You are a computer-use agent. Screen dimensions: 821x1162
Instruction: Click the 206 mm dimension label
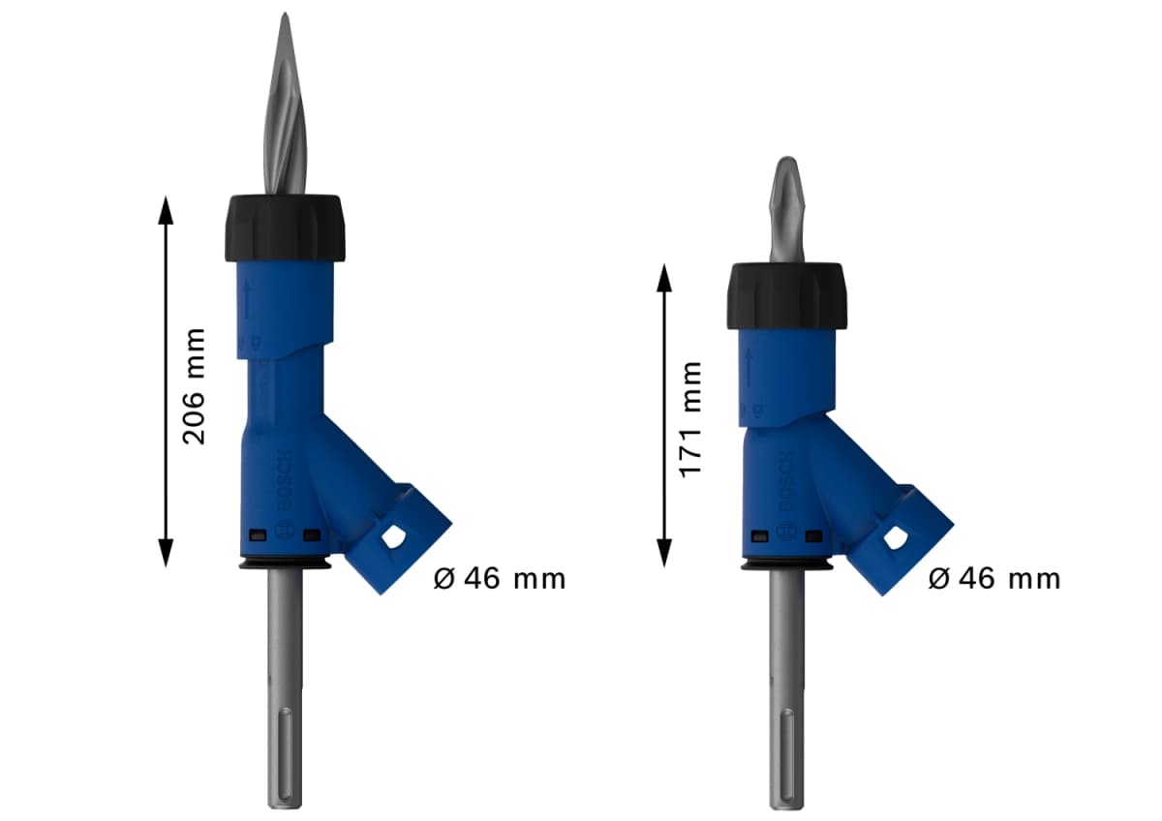195,385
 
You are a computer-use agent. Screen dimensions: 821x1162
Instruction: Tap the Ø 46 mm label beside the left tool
499,579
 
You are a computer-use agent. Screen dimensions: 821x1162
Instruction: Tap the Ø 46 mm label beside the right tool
994,579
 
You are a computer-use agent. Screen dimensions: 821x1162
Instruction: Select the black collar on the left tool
285,228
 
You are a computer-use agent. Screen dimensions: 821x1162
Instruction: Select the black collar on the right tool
787,294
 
